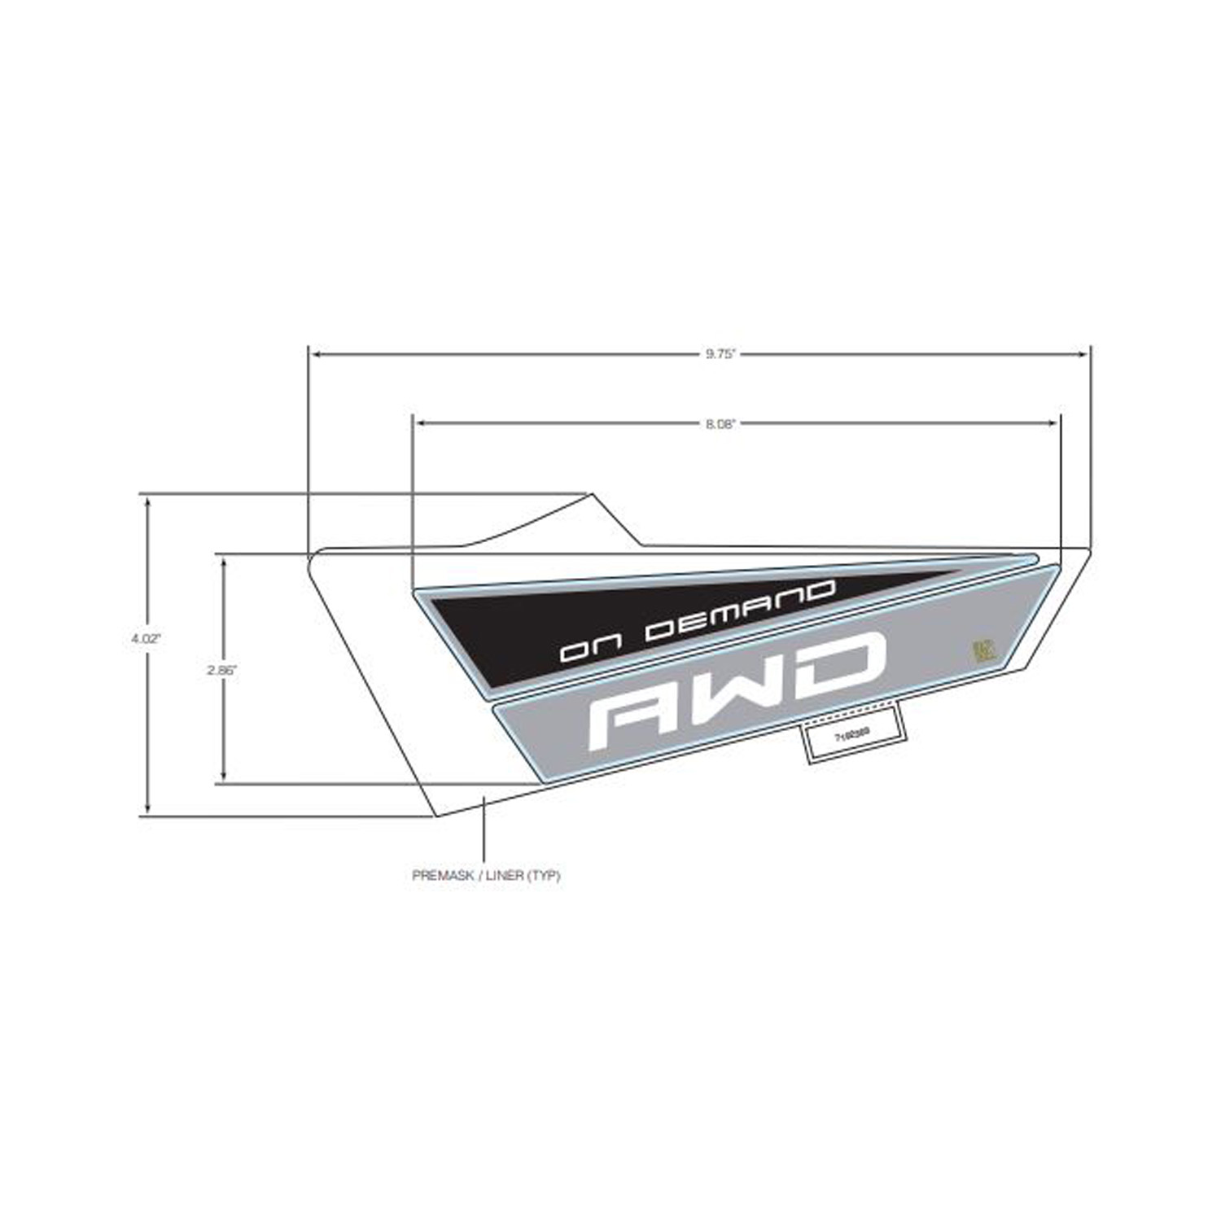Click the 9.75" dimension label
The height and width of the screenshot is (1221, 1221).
(720, 354)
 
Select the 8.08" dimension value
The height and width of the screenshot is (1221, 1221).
(720, 423)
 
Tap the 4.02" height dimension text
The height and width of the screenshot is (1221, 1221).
(147, 639)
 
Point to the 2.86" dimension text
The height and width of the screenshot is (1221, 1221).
(221, 671)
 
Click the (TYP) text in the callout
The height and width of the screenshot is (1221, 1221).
(543, 877)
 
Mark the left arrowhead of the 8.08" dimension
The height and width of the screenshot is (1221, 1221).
(420, 423)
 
